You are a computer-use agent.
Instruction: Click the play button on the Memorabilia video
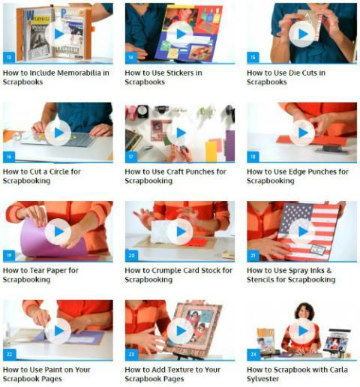58,34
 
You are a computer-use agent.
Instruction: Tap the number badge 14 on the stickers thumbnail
131,58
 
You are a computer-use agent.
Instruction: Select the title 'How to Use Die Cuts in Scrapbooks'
286,77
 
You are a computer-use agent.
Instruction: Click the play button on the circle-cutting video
58,133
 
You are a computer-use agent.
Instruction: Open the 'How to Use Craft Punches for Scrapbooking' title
175,176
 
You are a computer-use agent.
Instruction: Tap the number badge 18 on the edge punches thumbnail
253,157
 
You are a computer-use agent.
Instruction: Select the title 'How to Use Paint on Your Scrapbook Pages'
46,374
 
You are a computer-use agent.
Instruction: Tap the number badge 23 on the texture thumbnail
131,354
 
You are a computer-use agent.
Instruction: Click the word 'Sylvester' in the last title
262,379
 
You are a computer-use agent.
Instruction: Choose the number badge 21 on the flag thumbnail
253,256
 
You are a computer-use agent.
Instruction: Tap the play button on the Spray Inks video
302,232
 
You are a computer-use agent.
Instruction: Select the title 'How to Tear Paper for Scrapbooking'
40,275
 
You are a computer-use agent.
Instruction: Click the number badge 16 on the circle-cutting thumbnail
9,157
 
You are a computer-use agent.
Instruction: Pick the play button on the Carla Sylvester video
302,331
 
